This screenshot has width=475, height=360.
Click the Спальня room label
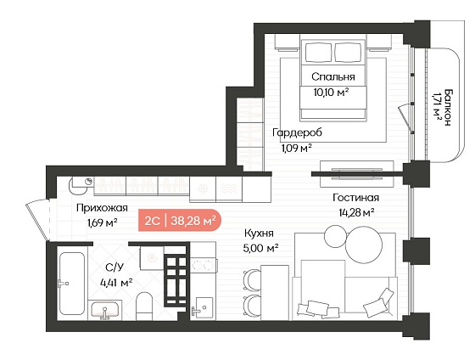(x=332, y=76)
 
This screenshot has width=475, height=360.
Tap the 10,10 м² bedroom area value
(x=331, y=92)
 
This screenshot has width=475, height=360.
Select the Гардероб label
(x=297, y=132)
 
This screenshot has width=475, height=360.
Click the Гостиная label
(x=355, y=198)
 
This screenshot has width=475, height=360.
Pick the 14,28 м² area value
(x=356, y=212)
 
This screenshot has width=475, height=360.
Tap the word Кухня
(x=259, y=233)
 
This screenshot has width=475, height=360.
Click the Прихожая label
(x=102, y=208)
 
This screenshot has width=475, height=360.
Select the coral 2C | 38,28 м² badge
(x=180, y=221)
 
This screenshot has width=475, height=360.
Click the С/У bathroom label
(x=115, y=267)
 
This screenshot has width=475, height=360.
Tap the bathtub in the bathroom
(x=72, y=284)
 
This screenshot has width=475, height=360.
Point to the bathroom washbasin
(x=105, y=310)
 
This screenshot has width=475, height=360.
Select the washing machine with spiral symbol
(x=152, y=258)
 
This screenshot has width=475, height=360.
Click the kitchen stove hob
(x=204, y=266)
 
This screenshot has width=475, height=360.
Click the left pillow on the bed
(x=318, y=53)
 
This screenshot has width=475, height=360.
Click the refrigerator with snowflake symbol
(x=203, y=189)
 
